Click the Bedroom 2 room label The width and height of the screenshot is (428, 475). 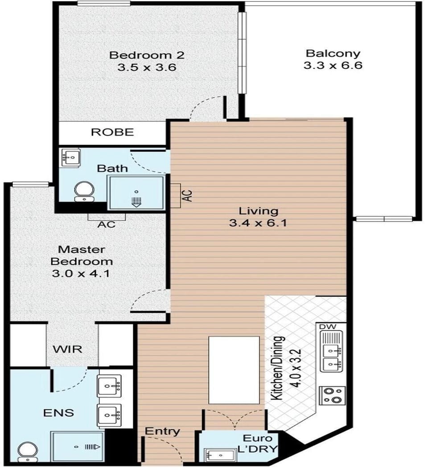tap(147, 55)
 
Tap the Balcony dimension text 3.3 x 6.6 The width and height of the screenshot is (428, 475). tap(333, 65)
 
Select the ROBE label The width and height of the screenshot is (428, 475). tap(112, 132)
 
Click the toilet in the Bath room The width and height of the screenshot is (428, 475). tap(84, 191)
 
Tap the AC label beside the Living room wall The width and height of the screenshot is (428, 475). tap(188, 195)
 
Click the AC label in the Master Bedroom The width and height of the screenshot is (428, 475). tap(107, 224)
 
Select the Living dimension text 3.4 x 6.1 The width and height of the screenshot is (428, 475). tap(258, 223)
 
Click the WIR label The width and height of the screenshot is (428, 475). tap(67, 349)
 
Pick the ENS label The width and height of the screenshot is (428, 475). tap(58, 413)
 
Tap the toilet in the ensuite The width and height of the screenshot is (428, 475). tap(28, 452)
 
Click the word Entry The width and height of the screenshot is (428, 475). tap(162, 431)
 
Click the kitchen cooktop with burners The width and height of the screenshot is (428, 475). tap(333, 395)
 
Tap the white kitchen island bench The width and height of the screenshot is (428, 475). tap(234, 370)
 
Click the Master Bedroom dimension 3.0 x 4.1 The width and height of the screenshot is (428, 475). tap(81, 273)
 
